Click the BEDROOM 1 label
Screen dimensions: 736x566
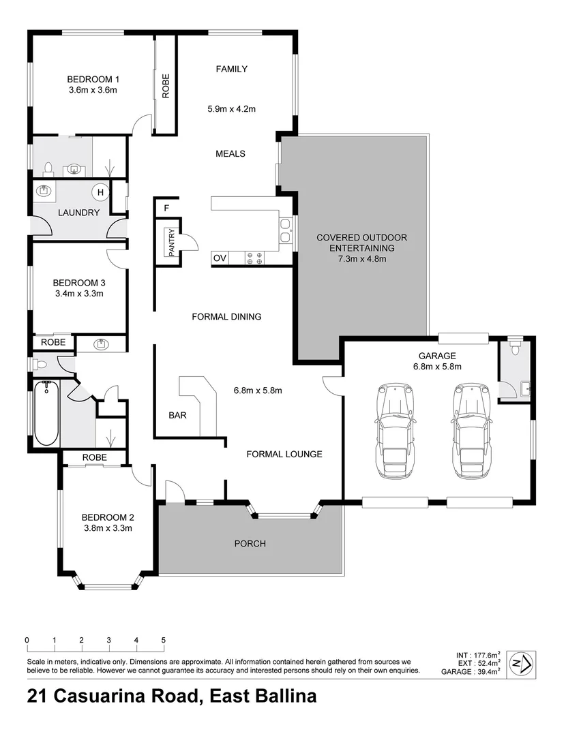pyautogui.click(x=93, y=78)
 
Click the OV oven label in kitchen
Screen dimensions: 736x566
pyautogui.click(x=220, y=258)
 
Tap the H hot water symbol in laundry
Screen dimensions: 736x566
pyautogui.click(x=100, y=193)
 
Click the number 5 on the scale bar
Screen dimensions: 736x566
pyautogui.click(x=164, y=641)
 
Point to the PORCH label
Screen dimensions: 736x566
pyautogui.click(x=250, y=543)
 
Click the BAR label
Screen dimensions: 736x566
pyautogui.click(x=179, y=414)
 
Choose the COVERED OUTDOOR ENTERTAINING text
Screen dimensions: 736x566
pyautogui.click(x=361, y=243)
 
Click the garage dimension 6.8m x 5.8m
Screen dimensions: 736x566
pyautogui.click(x=437, y=366)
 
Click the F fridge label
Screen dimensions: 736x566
pyautogui.click(x=166, y=208)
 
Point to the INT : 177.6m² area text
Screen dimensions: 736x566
pyautogui.click(x=479, y=655)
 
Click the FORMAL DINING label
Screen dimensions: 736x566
pyautogui.click(x=226, y=317)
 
